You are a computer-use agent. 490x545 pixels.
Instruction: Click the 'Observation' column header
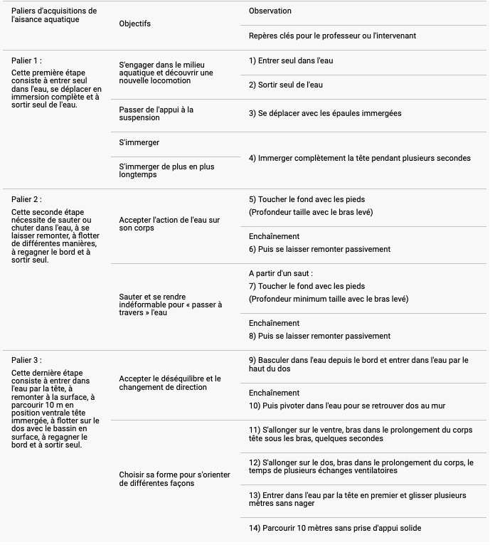click(x=270, y=11)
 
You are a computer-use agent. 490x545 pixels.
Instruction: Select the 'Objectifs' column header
click(x=135, y=23)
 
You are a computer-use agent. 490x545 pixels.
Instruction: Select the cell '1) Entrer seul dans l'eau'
click(x=291, y=61)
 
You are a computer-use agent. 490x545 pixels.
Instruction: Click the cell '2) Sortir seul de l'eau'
click(x=286, y=85)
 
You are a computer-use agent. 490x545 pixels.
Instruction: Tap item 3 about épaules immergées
click(x=325, y=113)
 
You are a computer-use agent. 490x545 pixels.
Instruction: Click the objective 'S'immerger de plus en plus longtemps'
click(x=166, y=171)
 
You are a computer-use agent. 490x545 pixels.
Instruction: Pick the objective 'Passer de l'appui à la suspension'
click(x=156, y=114)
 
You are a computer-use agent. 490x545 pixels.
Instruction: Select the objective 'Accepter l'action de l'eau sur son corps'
click(x=169, y=224)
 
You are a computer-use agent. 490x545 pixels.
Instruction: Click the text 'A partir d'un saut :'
click(x=281, y=273)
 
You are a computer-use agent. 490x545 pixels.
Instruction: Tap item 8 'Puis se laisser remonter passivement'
click(x=319, y=336)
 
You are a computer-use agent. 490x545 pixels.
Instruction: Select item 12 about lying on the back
click(x=361, y=466)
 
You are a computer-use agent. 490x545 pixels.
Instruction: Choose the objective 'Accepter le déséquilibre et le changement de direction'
click(x=170, y=383)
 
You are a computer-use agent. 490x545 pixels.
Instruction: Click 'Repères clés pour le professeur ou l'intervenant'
click(x=332, y=36)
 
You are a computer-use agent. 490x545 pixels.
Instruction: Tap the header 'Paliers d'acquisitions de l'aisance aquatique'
click(x=54, y=15)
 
